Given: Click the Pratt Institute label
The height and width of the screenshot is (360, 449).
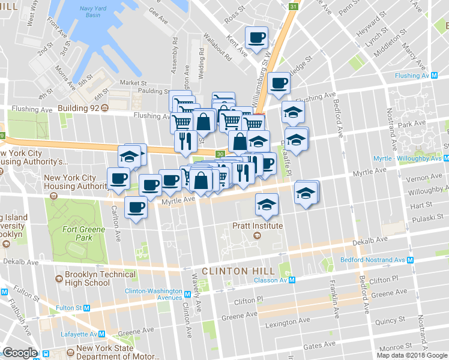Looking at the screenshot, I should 257,226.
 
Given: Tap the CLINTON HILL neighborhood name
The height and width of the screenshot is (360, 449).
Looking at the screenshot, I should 233,271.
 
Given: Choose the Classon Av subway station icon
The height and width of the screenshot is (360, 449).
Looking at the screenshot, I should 292,280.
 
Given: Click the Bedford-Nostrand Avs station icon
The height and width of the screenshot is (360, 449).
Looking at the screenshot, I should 411,260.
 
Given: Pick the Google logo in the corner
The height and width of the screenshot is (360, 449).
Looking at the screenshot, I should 20,353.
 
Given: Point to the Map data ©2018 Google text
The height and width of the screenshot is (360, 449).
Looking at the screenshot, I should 412,355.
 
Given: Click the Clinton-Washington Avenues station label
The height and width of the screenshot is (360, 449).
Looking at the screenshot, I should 153,294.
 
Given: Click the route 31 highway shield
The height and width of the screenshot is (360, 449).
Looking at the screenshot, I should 293,6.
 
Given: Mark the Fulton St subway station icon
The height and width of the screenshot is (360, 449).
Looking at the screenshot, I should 86,308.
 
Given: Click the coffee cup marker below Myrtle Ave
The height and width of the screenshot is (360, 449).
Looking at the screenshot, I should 136,208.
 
